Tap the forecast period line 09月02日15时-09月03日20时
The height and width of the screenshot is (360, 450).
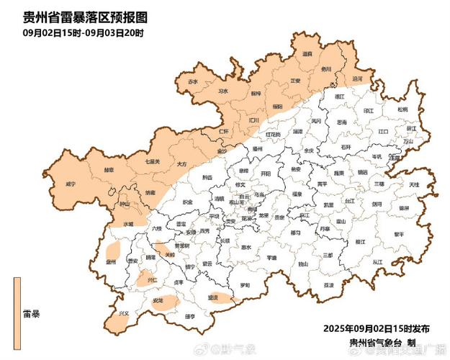pos(84,33)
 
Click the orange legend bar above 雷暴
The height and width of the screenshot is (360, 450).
pos(16,295)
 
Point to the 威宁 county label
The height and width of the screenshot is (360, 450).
pos(71,184)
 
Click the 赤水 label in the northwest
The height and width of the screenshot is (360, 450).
pos(192,83)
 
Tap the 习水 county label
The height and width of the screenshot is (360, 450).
pos(222,92)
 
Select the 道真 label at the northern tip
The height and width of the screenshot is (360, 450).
pos(307,54)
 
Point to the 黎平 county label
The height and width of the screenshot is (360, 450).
pos(399,234)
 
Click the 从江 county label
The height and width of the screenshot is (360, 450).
pos(377,264)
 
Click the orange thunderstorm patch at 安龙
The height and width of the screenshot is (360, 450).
pos(164,302)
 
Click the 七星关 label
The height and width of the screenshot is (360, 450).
pos(152,162)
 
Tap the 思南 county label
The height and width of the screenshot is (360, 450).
pos(342,122)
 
